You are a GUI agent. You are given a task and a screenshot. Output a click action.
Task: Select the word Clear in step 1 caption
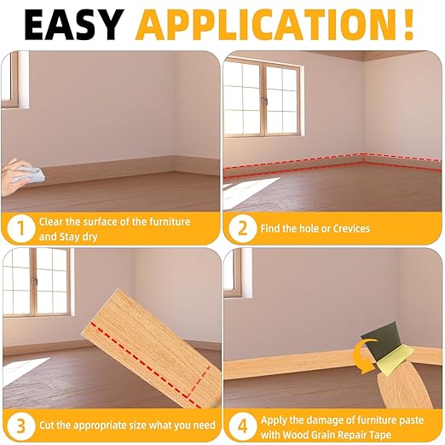(53, 222)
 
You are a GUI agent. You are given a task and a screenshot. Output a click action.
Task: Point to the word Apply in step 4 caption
(276, 417)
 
